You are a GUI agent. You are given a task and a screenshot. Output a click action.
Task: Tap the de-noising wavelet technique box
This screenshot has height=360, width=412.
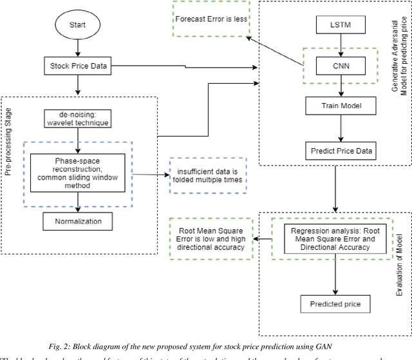77,119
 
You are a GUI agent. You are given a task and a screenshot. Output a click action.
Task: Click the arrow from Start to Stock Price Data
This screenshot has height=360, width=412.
77,49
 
